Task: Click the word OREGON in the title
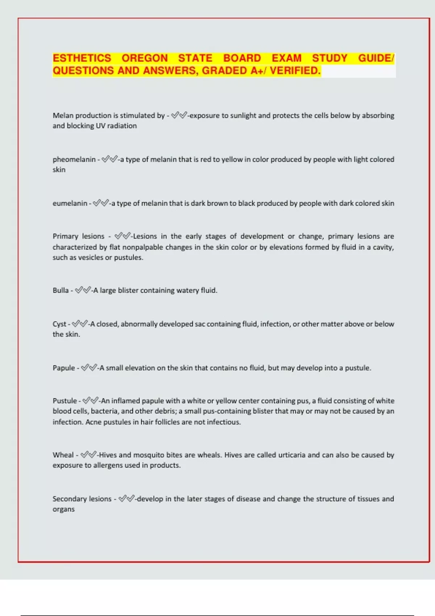tap(144, 58)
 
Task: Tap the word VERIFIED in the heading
tap(295, 70)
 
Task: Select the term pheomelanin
tap(74, 159)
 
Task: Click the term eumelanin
tap(70, 203)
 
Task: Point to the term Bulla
tap(61, 290)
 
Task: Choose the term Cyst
tap(59, 324)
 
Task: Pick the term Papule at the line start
tap(64, 368)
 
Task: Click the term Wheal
tap(63, 455)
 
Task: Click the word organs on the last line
tap(63, 509)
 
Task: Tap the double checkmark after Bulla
tap(83, 290)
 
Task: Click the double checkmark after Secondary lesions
tap(127, 499)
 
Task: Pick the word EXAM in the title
tap(286, 58)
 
